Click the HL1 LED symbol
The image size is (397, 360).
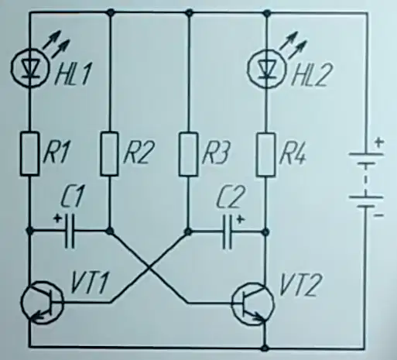pyautogui.click(x=30, y=67)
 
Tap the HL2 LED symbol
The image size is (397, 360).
pyautogui.click(x=266, y=68)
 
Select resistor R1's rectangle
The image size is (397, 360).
pyautogui.click(x=30, y=154)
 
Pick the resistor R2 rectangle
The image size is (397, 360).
pyautogui.click(x=109, y=154)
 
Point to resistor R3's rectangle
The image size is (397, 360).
pyautogui.click(x=189, y=154)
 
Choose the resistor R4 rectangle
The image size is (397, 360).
pyautogui.click(x=265, y=155)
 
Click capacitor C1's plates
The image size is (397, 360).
pyautogui.click(x=69, y=231)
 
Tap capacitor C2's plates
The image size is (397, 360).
pyautogui.click(x=227, y=232)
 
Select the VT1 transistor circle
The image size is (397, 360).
pyautogui.click(x=42, y=303)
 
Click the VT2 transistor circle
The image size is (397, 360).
pyautogui.click(x=253, y=304)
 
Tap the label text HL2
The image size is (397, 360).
pyautogui.click(x=312, y=75)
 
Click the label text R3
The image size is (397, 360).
pyautogui.click(x=216, y=153)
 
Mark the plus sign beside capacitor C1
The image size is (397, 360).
pyautogui.click(x=57, y=219)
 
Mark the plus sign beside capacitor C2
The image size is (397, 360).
pyautogui.click(x=240, y=219)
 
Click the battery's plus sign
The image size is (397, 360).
pyautogui.click(x=379, y=142)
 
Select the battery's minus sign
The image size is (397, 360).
pyautogui.click(x=378, y=215)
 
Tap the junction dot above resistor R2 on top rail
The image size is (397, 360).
pyautogui.click(x=111, y=12)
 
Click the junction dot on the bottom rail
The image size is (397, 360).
pyautogui.click(x=265, y=348)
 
